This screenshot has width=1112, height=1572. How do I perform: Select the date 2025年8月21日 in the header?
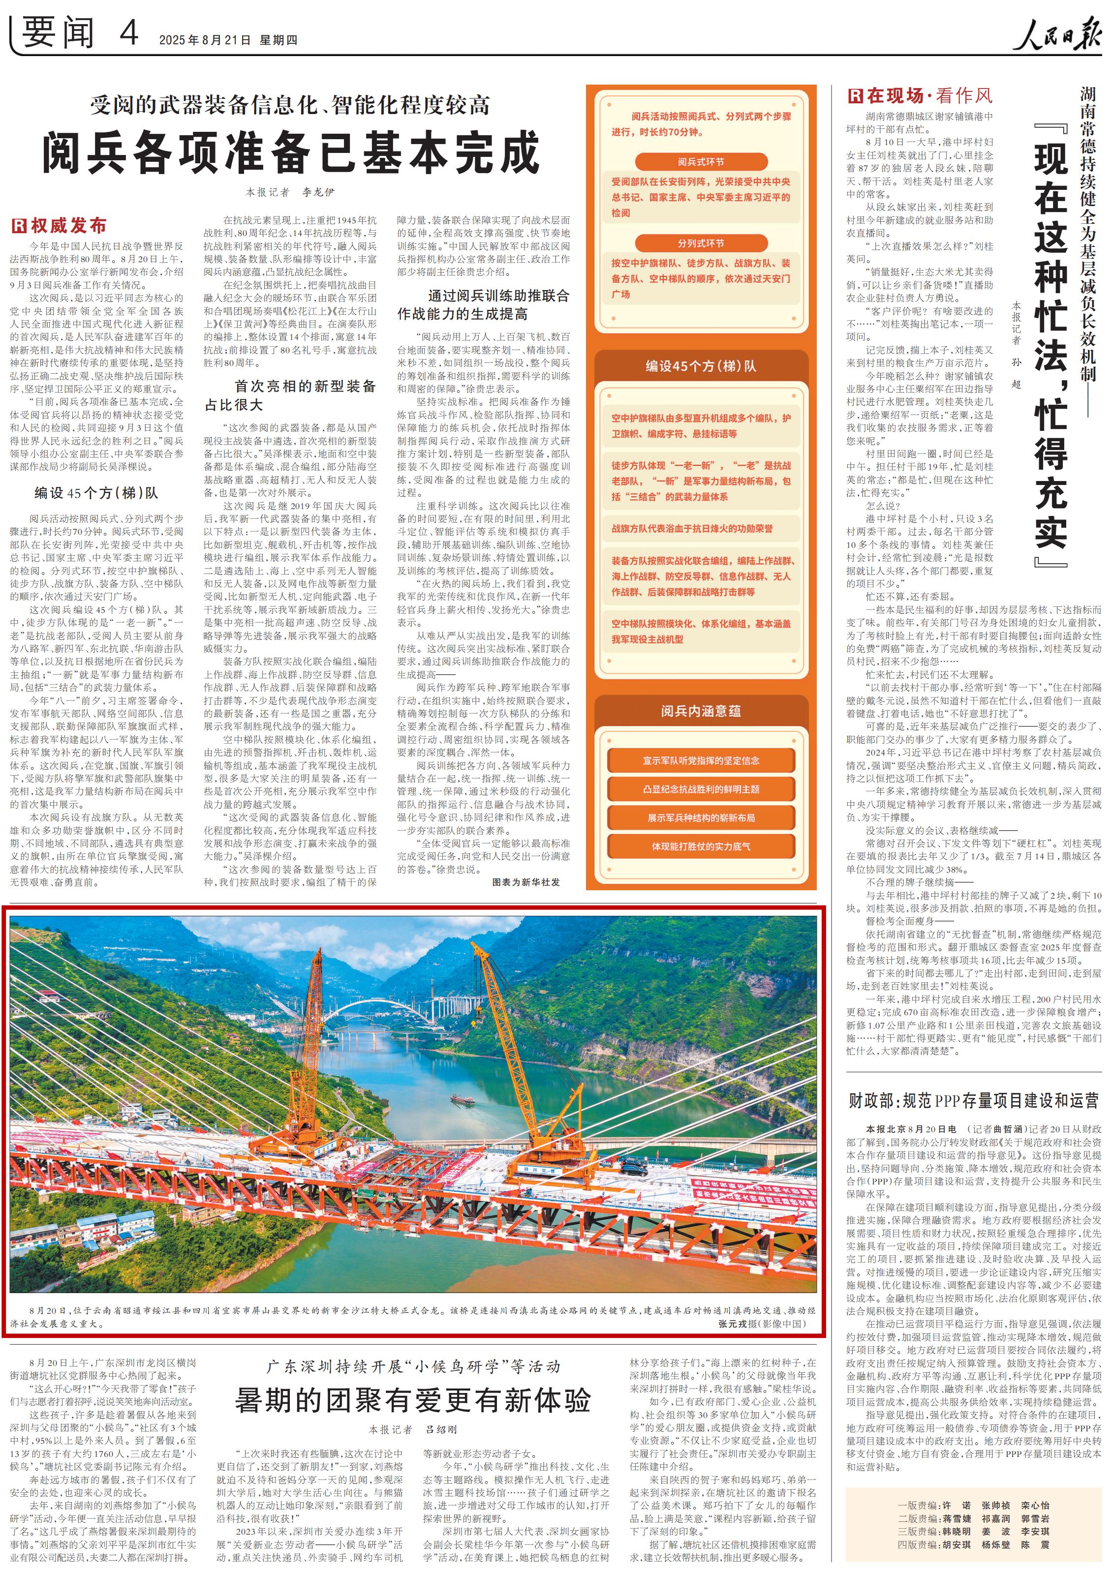click(205, 40)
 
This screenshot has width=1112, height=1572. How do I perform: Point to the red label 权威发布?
click(60, 225)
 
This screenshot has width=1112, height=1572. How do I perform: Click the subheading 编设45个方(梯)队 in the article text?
click(96, 492)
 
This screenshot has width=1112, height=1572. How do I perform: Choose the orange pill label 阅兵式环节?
click(701, 162)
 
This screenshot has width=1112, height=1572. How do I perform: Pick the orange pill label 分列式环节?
click(701, 243)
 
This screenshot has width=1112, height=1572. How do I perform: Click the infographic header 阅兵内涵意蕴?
click(701, 711)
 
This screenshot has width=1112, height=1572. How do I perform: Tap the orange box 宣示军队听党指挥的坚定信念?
click(701, 760)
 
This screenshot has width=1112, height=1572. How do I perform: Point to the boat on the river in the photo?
click(462, 1100)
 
